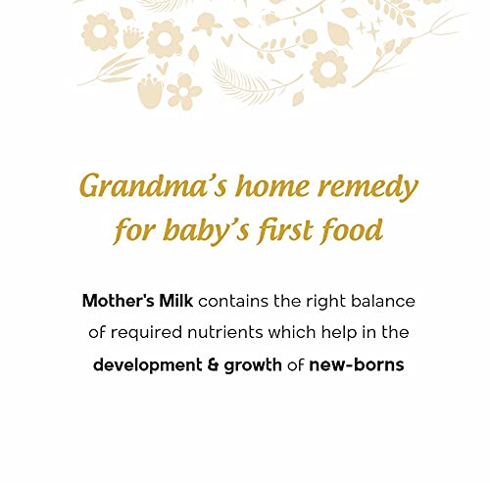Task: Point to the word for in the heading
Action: (x=134, y=231)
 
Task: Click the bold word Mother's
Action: (x=118, y=301)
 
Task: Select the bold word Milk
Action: (x=175, y=301)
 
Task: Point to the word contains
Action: (x=233, y=301)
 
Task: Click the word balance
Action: (x=383, y=301)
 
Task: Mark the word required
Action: (x=146, y=333)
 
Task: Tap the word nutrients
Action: (x=225, y=333)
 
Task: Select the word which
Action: (x=292, y=332)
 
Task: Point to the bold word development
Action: (x=147, y=365)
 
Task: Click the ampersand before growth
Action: (x=213, y=365)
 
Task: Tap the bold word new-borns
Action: (x=357, y=364)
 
